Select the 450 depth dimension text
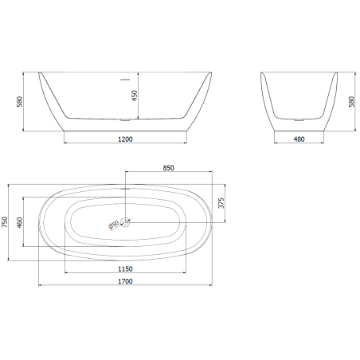click(135, 96)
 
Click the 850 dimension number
click(168, 168)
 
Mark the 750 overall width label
click(6, 223)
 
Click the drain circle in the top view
click(125, 224)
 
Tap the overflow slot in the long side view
click(124, 79)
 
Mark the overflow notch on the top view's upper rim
click(125, 189)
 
